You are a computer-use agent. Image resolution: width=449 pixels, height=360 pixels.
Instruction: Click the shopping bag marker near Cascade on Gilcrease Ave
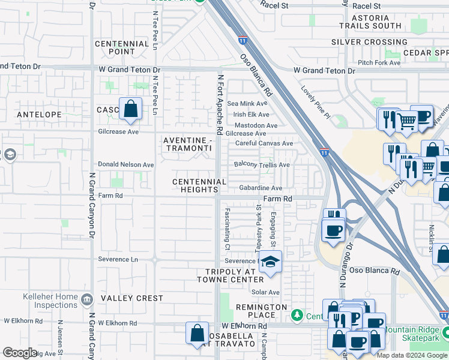coord(130,109)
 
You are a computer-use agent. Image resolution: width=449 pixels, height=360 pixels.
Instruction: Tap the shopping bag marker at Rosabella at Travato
coord(197,334)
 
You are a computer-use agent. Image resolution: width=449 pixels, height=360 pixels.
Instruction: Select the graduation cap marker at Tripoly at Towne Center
coord(270,263)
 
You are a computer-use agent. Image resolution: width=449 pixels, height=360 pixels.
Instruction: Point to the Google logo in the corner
coord(20,353)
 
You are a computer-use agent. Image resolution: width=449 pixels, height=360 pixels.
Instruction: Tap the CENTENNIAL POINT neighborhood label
coord(122,48)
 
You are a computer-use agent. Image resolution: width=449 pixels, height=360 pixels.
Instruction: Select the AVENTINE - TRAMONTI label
coord(188,144)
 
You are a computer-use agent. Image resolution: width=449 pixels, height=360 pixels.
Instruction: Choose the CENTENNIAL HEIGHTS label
coord(199,185)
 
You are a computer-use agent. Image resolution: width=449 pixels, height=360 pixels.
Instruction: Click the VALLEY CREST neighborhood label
coord(132,298)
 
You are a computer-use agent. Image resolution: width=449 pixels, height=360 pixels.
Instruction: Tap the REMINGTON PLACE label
coord(261,311)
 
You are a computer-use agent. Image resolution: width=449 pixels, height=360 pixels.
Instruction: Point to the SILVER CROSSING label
coord(369,42)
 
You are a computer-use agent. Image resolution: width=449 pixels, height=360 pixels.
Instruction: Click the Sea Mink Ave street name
coord(247,104)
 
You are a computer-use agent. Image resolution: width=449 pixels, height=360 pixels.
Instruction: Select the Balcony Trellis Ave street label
coord(262,164)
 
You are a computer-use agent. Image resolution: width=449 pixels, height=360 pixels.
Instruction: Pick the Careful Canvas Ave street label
coord(264,143)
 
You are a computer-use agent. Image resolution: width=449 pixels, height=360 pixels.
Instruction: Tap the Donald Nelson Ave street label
coord(126,164)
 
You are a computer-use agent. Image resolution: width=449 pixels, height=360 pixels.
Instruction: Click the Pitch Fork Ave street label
coord(379,62)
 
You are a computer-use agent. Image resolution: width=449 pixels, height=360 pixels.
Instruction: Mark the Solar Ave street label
coord(266,292)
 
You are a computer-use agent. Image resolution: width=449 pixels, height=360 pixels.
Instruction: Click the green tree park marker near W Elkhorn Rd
coord(297,315)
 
